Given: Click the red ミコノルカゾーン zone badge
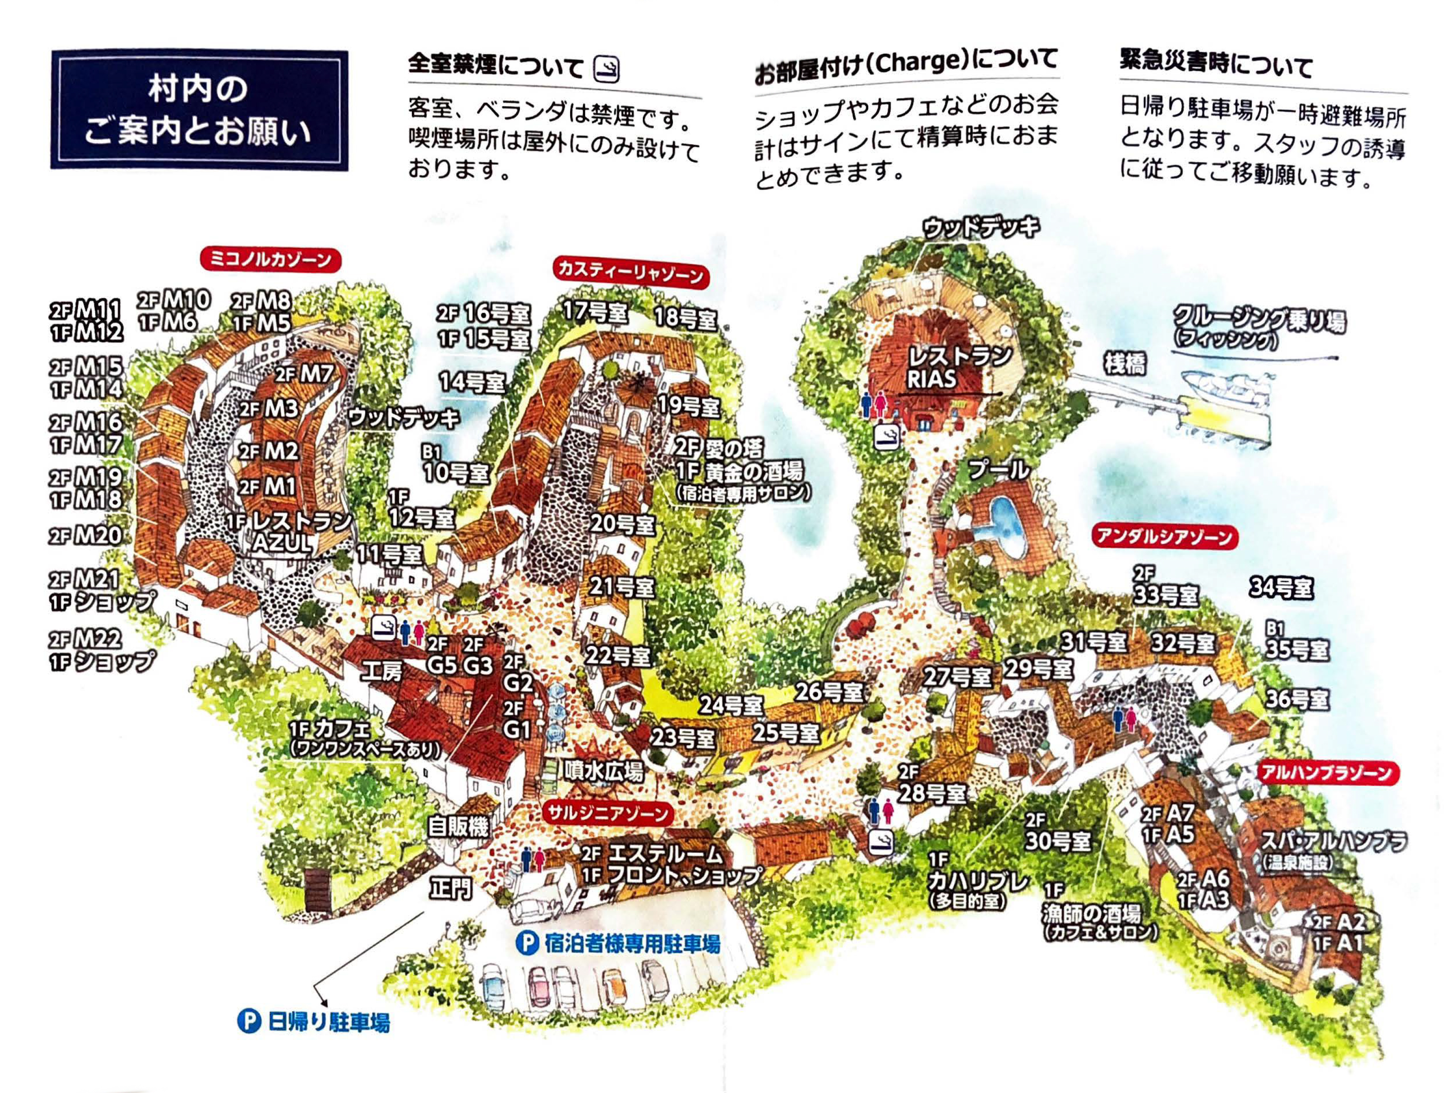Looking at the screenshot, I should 271,260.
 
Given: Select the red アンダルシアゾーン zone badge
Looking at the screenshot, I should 1164,538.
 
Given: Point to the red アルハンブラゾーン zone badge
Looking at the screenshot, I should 1326,773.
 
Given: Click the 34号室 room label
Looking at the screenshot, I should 1281,588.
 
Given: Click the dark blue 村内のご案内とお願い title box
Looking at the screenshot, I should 199,110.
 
